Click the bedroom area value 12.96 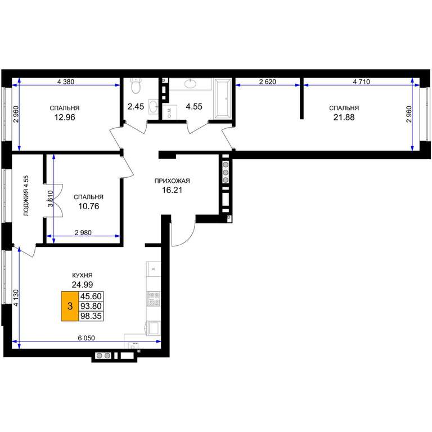click(x=65, y=118)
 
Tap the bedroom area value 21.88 click(x=344, y=118)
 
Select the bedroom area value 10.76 click(x=88, y=206)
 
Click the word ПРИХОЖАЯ click(x=172, y=181)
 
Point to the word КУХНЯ click(x=82, y=275)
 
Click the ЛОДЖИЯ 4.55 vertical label click(x=26, y=195)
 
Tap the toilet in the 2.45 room click(x=136, y=85)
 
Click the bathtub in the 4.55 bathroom click(x=223, y=98)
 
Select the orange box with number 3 click(x=70, y=306)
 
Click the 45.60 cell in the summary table click(x=91, y=296)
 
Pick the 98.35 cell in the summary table click(x=91, y=316)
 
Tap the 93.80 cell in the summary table click(x=91, y=306)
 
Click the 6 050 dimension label click(x=86, y=337)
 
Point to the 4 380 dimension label click(x=66, y=82)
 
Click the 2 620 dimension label click(x=268, y=82)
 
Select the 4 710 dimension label click(x=362, y=82)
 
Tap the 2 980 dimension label click(x=83, y=232)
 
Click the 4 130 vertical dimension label click(x=16, y=298)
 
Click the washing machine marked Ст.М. click(x=169, y=112)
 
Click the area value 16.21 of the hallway click(x=172, y=190)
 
